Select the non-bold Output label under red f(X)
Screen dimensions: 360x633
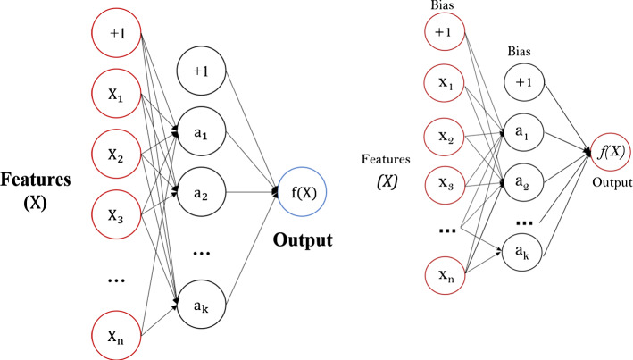609,176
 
